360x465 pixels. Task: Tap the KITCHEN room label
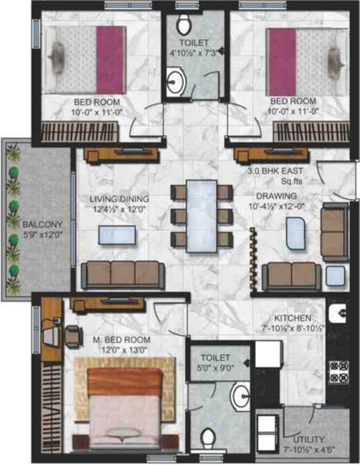point(293,318)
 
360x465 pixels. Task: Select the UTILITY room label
point(309,439)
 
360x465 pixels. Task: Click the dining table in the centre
point(201,214)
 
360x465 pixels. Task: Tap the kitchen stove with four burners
point(336,370)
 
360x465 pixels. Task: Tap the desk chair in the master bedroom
point(73,334)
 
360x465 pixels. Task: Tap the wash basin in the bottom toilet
point(240,395)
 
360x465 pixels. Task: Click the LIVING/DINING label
point(120,199)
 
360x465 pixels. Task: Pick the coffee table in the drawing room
point(296,233)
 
